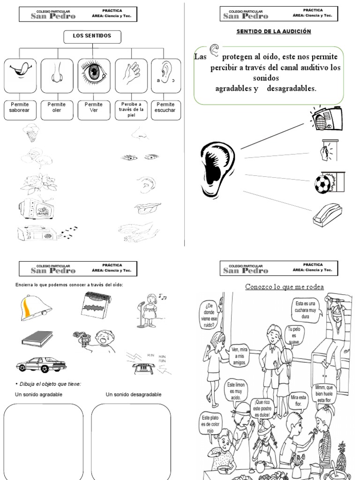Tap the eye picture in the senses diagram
tap(94, 73)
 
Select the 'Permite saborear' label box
tap(19, 107)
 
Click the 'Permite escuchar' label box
tap(165, 107)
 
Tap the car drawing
tap(41, 364)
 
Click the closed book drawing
tap(37, 338)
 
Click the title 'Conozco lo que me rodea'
tap(285, 287)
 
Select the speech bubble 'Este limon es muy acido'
tap(236, 391)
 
